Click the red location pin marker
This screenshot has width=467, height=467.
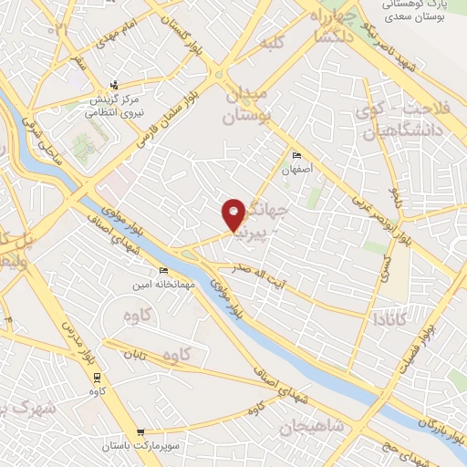[234, 215]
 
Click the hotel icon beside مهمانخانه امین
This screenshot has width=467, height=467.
[163, 271]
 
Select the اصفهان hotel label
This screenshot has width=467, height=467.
[296, 169]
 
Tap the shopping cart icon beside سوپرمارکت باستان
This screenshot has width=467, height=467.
[140, 433]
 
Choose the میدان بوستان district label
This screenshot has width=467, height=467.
[247, 106]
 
